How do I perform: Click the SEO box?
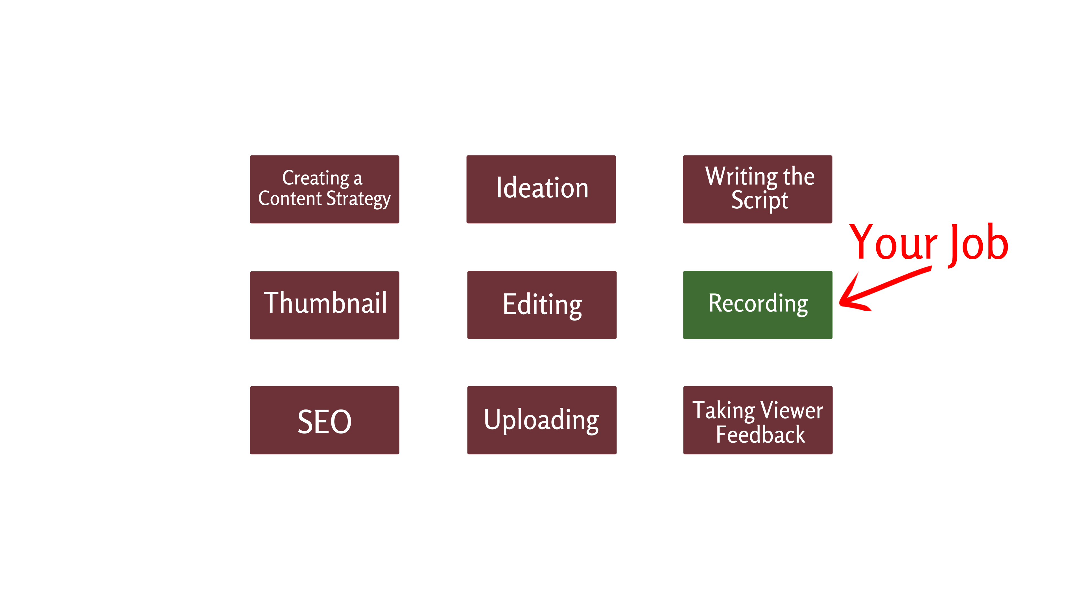click(x=324, y=420)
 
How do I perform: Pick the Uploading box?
click(x=542, y=420)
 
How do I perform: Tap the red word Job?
click(x=978, y=244)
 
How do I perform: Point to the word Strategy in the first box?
click(x=358, y=199)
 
